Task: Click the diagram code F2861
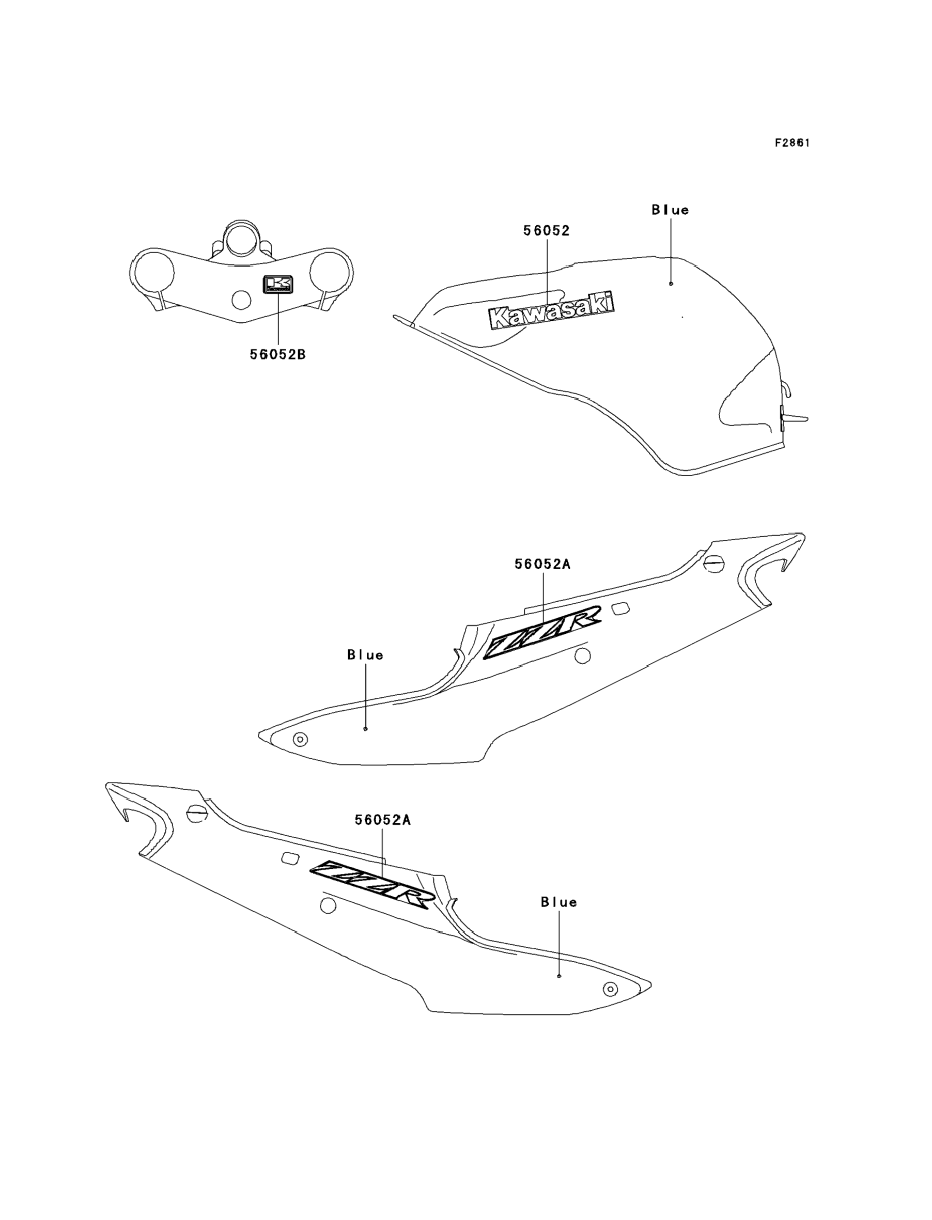point(792,143)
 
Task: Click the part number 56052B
point(277,354)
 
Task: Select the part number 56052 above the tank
point(547,231)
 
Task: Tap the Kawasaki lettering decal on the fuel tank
point(551,311)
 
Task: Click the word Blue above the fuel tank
point(670,210)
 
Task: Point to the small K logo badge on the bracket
point(277,285)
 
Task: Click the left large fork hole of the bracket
point(152,272)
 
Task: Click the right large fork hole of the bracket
point(331,272)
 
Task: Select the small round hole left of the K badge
point(241,300)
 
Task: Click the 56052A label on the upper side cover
point(542,565)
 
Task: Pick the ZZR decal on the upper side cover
point(542,633)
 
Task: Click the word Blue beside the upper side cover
point(365,655)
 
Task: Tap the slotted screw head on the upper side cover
point(714,564)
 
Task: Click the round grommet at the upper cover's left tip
point(300,739)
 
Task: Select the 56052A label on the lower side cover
point(383,836)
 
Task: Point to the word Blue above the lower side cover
point(559,902)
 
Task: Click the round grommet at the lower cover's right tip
point(610,989)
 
